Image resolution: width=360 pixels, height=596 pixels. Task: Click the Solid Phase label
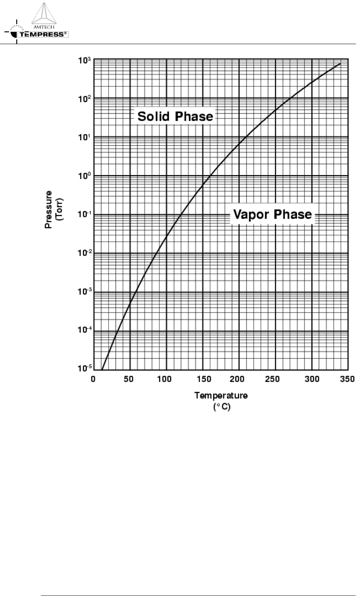pos(175,116)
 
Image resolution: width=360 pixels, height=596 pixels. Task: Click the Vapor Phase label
pos(273,214)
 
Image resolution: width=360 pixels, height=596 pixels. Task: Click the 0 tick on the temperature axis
pos(93,379)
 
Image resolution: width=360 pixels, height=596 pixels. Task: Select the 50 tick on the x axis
pos(130,379)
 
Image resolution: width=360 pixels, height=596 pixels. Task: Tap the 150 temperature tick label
pos(202,379)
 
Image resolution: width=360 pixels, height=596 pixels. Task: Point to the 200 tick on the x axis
pos(239,379)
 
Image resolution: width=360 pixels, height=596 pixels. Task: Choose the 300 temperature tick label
pos(312,379)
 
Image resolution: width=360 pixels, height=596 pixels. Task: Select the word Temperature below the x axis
pos(221,395)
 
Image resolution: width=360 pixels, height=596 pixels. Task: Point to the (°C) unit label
pos(222,406)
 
